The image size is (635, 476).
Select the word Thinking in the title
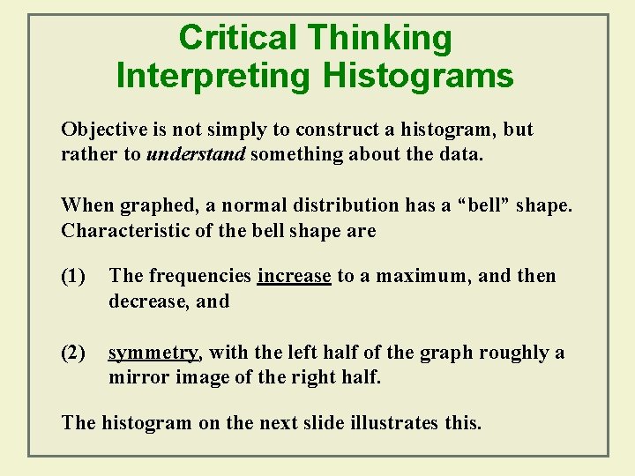(379, 38)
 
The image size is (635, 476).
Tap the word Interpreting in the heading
(213, 76)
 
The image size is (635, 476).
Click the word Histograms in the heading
(418, 76)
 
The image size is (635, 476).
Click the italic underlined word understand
(197, 155)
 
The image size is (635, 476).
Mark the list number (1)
(73, 276)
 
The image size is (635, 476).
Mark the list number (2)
(73, 353)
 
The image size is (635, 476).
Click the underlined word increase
(294, 276)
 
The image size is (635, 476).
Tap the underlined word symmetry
(153, 353)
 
